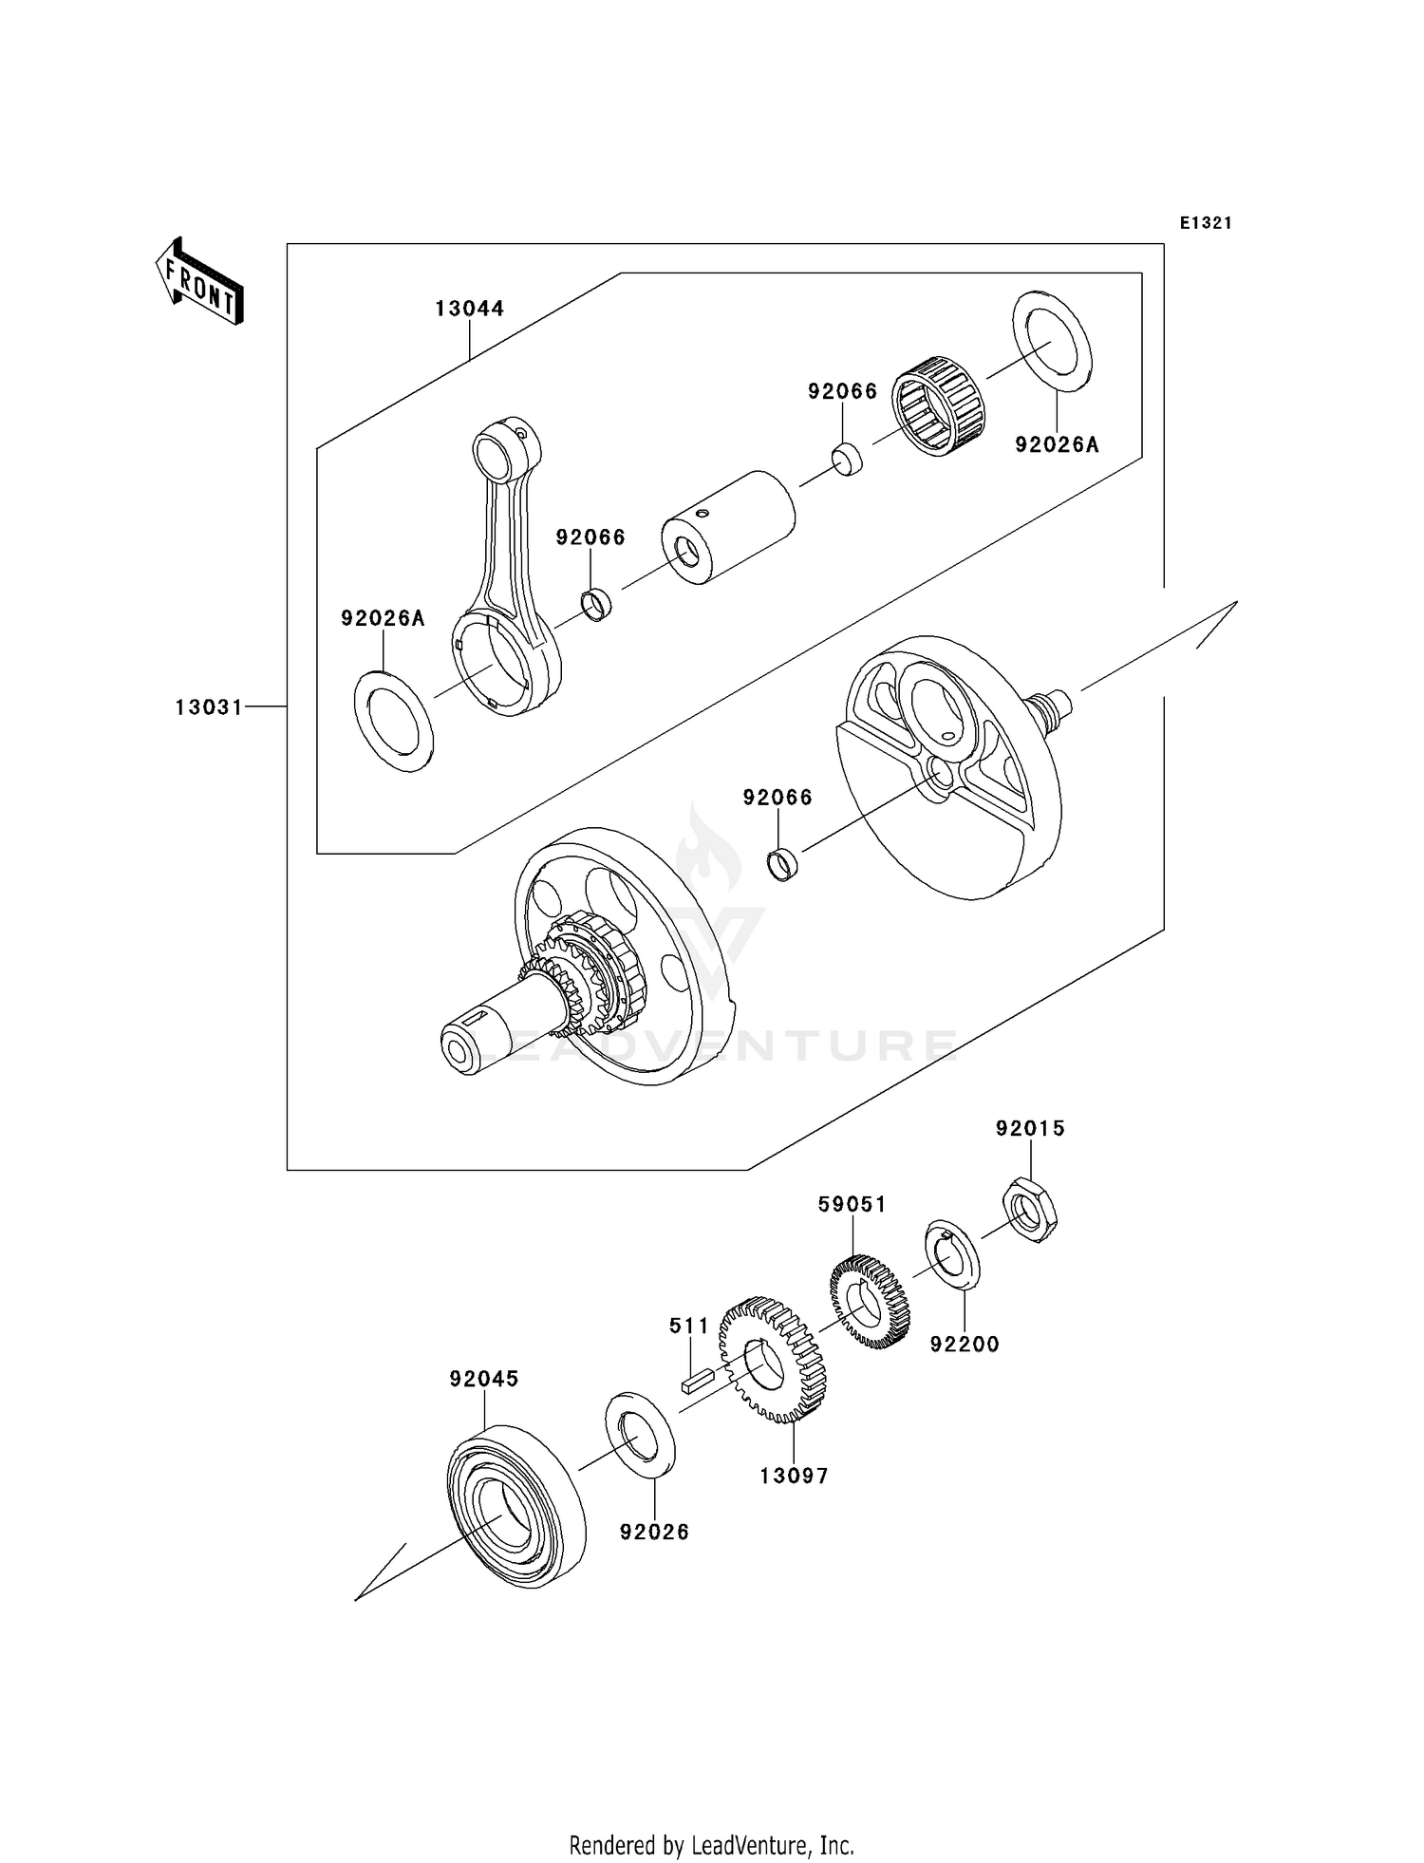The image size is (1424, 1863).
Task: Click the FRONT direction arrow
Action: coord(199,282)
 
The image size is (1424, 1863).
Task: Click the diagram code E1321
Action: coord(1206,223)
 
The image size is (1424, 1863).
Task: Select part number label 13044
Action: coord(470,309)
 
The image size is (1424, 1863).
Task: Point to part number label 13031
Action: coord(209,707)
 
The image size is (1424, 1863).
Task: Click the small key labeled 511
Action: coord(698,1379)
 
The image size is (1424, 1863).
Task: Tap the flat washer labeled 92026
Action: coord(640,1435)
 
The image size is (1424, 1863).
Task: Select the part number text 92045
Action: coord(484,1379)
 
